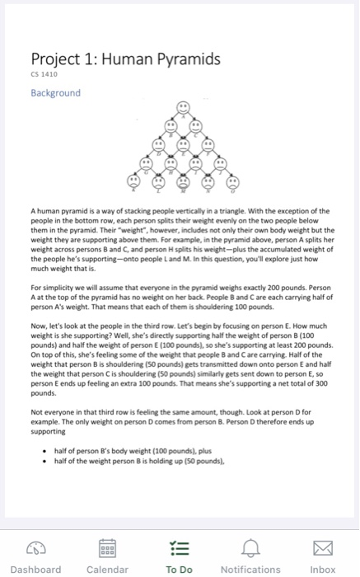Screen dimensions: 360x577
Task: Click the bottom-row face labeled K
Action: tap(133, 180)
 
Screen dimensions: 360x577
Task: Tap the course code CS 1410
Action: tap(43, 76)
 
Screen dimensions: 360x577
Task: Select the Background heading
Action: tap(55, 92)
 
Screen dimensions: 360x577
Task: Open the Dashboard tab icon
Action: tap(35, 550)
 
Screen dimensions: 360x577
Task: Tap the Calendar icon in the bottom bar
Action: tap(107, 550)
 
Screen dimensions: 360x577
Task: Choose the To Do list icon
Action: tap(179, 550)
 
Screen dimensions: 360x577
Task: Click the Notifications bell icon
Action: tap(250, 550)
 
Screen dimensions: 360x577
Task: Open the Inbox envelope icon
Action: tap(322, 550)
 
